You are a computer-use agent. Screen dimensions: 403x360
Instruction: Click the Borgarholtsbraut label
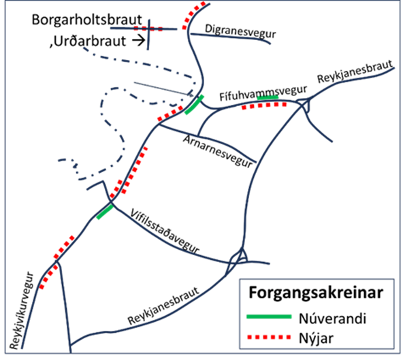[x=86, y=20]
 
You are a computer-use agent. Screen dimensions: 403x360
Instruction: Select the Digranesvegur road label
[x=240, y=31]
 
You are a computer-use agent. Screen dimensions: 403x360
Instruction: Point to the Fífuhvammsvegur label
[x=263, y=93]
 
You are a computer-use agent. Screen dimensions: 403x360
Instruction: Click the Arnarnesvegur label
[x=217, y=152]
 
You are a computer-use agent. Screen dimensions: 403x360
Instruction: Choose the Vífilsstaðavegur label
[x=165, y=231]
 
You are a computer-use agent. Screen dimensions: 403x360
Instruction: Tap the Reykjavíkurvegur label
[x=22, y=310]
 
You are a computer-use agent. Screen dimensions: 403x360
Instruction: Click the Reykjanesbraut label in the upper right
[x=355, y=71]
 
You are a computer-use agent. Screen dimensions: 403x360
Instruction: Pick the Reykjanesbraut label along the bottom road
[x=163, y=306]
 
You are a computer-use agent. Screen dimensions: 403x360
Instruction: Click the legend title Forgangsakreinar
[x=316, y=293]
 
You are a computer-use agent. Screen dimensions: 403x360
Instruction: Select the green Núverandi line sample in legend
[x=269, y=316]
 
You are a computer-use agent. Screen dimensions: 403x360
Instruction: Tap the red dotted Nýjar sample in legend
[x=269, y=337]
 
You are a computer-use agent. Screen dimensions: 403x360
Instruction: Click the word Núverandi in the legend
[x=332, y=318]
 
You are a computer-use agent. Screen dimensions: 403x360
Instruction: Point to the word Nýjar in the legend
[x=316, y=338]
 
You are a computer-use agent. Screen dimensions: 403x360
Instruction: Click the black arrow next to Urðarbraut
[x=139, y=40]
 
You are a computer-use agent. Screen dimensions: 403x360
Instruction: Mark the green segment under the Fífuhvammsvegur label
[x=268, y=97]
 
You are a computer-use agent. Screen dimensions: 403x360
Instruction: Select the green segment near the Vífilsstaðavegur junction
[x=105, y=212]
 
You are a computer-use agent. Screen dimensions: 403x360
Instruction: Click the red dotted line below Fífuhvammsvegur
[x=264, y=105]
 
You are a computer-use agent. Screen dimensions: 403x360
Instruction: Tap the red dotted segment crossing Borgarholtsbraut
[x=148, y=29]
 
